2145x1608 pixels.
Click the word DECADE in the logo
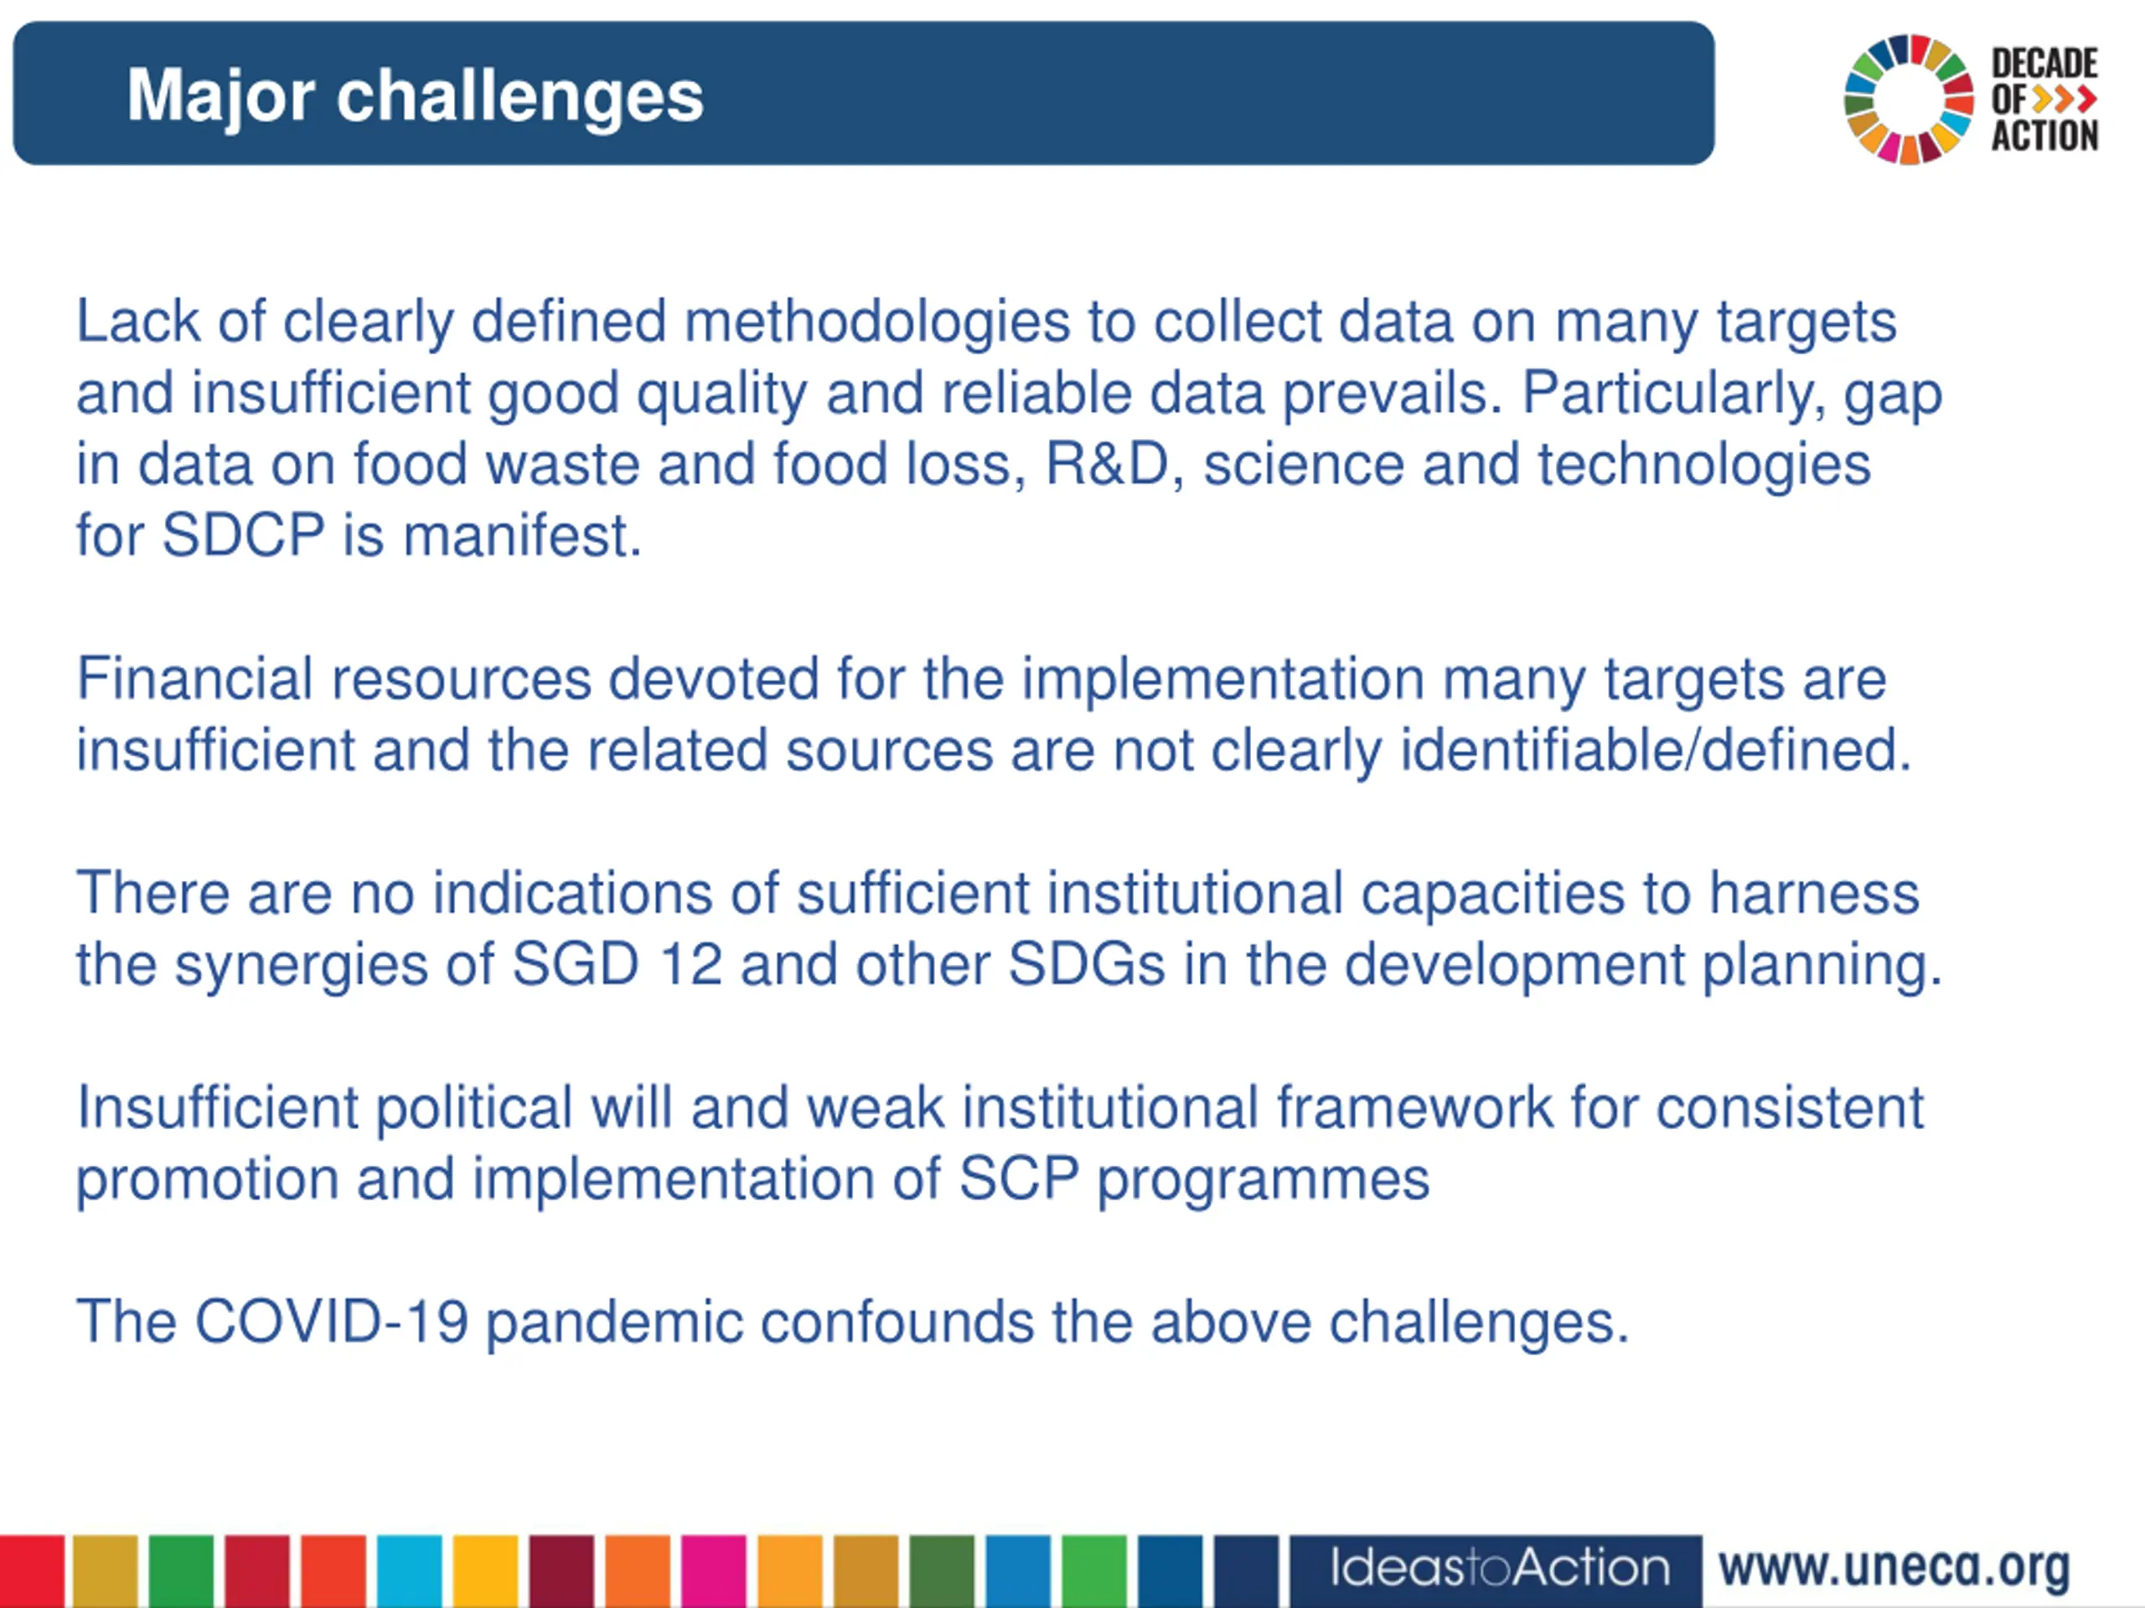point(2045,64)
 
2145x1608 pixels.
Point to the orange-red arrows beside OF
point(2065,99)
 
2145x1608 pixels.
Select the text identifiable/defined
point(1656,750)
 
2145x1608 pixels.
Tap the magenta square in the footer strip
point(714,1571)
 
